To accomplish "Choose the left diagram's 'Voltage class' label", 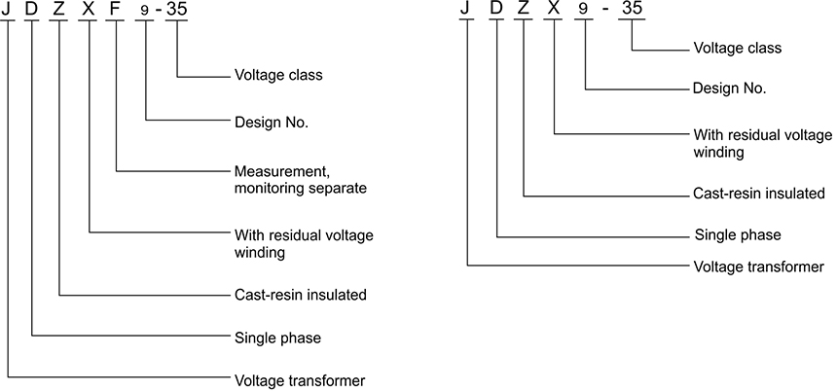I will click(278, 74).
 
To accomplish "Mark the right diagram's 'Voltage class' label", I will click(737, 47).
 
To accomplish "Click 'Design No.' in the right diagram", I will click(729, 88).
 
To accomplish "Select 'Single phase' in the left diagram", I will click(277, 339).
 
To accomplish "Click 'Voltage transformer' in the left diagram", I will click(300, 379).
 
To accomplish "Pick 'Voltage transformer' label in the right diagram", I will click(758, 266).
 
